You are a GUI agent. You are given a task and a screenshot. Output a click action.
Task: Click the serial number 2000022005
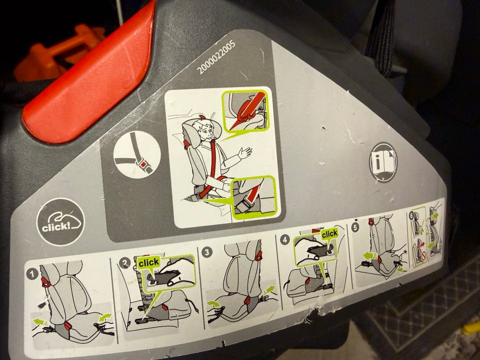tap(216, 57)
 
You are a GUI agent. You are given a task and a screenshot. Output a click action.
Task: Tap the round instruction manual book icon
tap(383, 162)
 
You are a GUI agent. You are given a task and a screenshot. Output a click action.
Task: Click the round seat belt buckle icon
tap(137, 154)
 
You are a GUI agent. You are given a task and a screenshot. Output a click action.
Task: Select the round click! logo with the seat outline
tap(60, 221)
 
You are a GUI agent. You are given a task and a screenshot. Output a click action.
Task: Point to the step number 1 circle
tap(32, 273)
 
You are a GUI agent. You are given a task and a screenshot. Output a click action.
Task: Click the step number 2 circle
tap(124, 263)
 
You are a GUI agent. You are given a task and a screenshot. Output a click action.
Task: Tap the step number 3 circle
tap(207, 252)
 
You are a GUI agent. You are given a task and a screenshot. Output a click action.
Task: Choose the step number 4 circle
tap(284, 239)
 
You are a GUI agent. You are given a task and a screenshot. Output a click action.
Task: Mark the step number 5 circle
tap(355, 228)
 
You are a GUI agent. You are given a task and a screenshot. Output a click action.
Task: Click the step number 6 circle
tap(411, 216)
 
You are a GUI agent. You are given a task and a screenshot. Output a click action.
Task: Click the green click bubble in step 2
tap(149, 262)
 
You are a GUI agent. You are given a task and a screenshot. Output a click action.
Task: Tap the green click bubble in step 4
tap(329, 234)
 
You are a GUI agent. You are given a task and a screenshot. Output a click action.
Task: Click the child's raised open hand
tap(245, 152)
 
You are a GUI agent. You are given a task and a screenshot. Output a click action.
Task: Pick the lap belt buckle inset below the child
tap(254, 197)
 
